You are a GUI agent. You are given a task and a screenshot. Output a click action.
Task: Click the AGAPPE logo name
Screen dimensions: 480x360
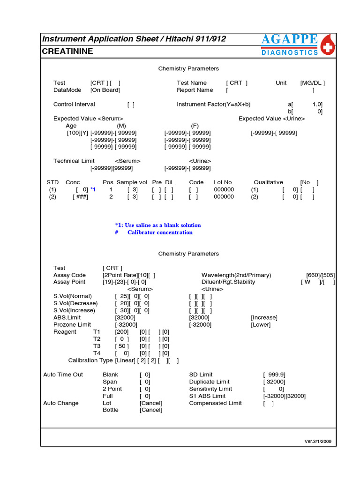(x=289, y=40)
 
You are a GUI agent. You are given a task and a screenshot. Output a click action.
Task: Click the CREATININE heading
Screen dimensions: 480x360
(x=67, y=51)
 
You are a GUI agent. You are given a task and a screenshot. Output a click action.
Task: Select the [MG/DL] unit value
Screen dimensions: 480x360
(x=312, y=83)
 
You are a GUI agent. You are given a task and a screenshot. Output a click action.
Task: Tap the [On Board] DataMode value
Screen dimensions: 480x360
(x=105, y=90)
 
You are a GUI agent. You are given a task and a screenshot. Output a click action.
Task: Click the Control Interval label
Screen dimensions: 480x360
(x=74, y=105)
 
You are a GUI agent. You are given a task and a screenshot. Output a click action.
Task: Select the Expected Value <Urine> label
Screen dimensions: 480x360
(x=271, y=119)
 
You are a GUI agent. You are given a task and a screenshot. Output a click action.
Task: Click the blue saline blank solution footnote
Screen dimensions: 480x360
(x=158, y=225)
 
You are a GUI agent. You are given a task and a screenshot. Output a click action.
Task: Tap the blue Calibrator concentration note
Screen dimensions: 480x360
(x=159, y=232)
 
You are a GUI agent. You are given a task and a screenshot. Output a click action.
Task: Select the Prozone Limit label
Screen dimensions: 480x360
(x=72, y=325)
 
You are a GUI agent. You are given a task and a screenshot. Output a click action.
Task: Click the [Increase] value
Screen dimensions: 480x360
(x=264, y=318)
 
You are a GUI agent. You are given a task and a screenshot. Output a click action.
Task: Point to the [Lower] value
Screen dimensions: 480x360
(x=261, y=325)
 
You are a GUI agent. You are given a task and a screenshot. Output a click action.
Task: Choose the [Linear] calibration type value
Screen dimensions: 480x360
(x=125, y=360)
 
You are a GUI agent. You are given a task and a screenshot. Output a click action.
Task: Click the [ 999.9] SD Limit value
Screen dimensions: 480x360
(x=274, y=375)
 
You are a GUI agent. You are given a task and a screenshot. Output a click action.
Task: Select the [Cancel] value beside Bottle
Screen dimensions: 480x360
(x=150, y=410)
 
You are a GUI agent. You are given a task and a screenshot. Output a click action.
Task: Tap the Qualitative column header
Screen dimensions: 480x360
(x=268, y=182)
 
